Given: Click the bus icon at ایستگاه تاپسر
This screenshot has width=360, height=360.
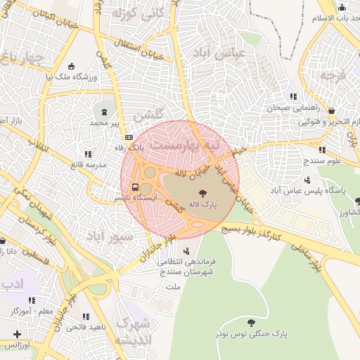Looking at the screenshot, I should (x=134, y=187).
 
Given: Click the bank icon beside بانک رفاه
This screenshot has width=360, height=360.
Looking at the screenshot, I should (x=129, y=137).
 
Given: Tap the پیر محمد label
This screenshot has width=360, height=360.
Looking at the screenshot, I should (x=105, y=122).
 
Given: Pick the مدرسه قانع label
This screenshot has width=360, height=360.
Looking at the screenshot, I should (x=67, y=165).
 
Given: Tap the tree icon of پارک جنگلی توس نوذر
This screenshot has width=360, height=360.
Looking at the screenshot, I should (x=251, y=323).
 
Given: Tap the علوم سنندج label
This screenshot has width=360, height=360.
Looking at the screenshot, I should (x=323, y=160).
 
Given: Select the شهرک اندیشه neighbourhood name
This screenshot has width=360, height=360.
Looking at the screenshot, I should (x=132, y=333).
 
